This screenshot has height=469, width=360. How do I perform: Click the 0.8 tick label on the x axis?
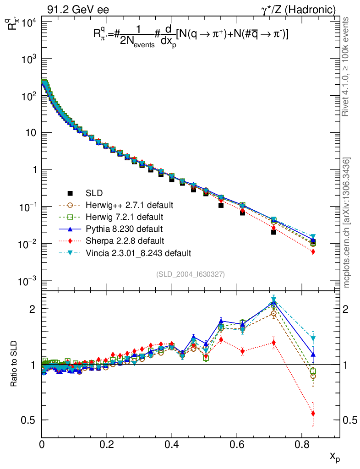301,444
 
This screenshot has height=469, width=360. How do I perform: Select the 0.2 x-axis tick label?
107,444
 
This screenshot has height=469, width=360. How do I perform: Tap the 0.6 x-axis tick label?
237,444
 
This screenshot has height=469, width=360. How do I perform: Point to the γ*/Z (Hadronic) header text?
303,9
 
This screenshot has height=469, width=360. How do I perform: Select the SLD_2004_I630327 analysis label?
190,274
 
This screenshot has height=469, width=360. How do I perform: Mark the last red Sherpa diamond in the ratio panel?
313,414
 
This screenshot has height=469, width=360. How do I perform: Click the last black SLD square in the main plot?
313,241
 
